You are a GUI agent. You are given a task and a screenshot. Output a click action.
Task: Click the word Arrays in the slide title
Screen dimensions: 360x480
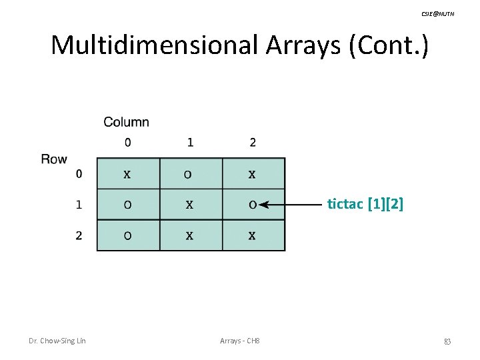[x=298, y=45]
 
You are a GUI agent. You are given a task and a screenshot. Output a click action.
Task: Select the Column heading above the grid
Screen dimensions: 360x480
[x=126, y=122]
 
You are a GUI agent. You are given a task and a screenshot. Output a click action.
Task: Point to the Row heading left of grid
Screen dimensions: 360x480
[x=54, y=159]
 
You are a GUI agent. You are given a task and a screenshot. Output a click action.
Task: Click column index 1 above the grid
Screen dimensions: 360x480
[x=190, y=142]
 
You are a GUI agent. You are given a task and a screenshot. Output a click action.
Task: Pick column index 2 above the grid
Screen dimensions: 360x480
[x=252, y=142]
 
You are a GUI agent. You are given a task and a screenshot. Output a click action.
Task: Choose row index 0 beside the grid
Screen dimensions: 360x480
[x=79, y=175]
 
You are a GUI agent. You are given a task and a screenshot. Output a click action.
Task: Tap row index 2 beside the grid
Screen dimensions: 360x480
[x=79, y=236]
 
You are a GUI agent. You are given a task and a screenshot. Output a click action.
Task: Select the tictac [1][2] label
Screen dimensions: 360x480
[x=365, y=205]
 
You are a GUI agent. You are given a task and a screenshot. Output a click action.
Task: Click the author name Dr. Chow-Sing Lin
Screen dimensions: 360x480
[x=57, y=341]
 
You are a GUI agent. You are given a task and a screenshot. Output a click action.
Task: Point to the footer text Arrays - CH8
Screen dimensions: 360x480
[x=239, y=341]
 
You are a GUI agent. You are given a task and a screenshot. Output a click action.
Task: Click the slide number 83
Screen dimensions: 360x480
[x=447, y=341]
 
